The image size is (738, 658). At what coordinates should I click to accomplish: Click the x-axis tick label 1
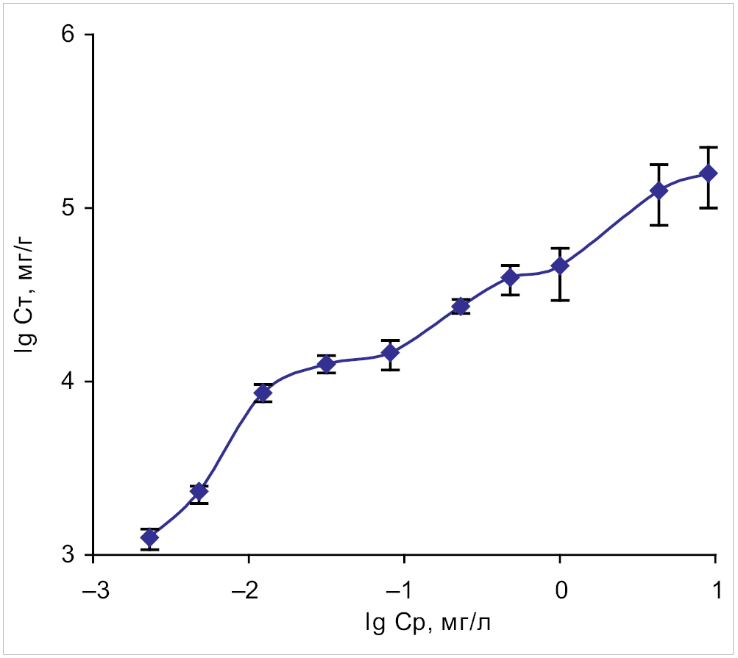coord(716,592)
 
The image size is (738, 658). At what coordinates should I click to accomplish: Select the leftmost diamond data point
coord(150,537)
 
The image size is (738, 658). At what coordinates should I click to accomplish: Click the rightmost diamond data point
coord(709,174)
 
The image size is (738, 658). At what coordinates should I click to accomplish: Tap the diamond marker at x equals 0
coord(560,265)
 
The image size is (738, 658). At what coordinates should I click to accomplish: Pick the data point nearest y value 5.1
coord(659,190)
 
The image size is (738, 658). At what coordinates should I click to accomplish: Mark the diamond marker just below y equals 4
coord(263,393)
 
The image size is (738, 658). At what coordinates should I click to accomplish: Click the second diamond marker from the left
coord(199,491)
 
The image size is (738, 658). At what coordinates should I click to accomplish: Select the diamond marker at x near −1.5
coord(327,364)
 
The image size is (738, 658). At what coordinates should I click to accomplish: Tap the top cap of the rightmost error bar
coord(709,147)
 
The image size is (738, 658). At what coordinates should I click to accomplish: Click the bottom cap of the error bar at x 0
coord(560,300)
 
